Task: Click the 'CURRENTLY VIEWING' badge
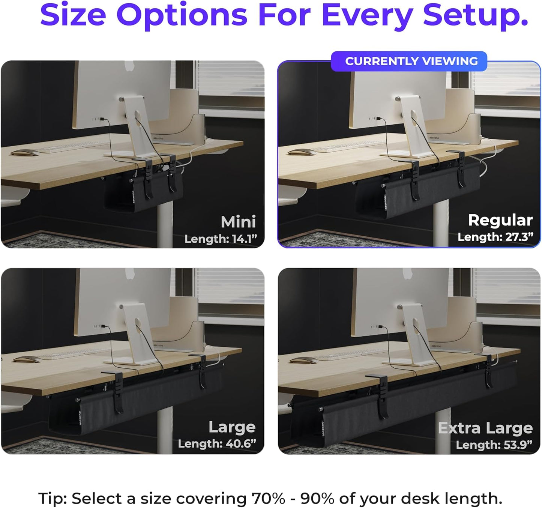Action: pyautogui.click(x=411, y=61)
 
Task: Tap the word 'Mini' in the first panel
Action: pyautogui.click(x=238, y=222)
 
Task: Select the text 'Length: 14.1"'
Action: pyautogui.click(x=221, y=239)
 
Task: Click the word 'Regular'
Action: pyautogui.click(x=500, y=220)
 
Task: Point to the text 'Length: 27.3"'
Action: pyautogui.click(x=495, y=237)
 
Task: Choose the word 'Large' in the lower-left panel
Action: pyautogui.click(x=232, y=427)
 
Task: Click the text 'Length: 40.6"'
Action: pyautogui.click(x=217, y=444)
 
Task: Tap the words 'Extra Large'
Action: pyautogui.click(x=485, y=428)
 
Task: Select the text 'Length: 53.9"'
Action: pyautogui.click(x=494, y=445)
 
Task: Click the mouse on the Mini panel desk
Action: pyautogui.click(x=24, y=153)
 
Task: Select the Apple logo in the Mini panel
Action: pyautogui.click(x=129, y=66)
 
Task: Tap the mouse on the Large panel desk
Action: pyautogui.click(x=27, y=360)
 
